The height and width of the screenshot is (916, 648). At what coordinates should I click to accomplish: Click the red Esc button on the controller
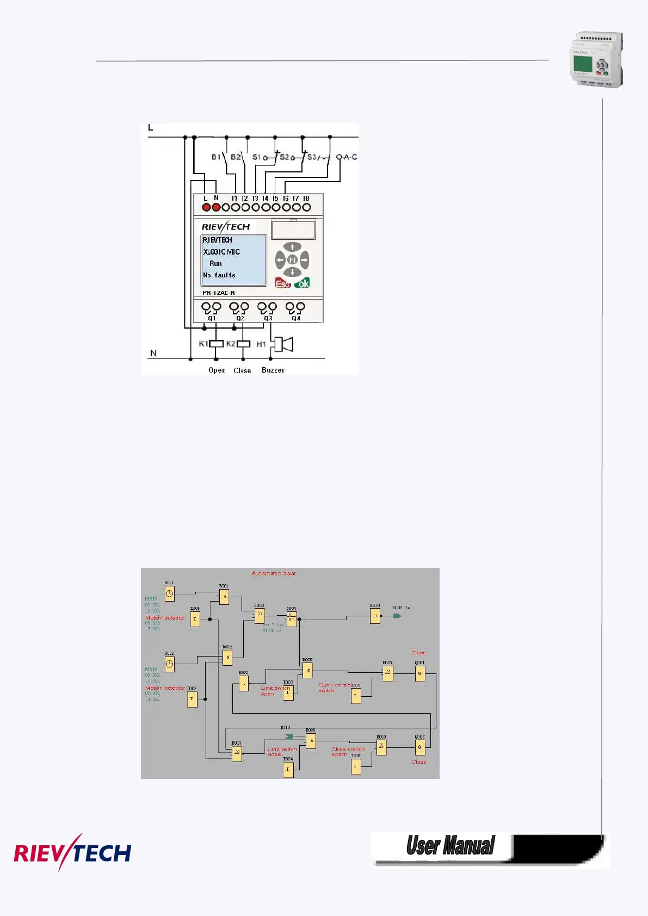click(283, 283)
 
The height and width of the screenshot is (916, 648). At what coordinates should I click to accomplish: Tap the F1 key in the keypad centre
click(292, 260)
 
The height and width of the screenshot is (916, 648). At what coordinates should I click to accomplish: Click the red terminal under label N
click(216, 207)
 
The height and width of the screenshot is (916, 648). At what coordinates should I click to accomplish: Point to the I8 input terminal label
click(306, 199)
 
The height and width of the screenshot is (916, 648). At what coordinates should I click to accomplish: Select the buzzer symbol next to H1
click(284, 344)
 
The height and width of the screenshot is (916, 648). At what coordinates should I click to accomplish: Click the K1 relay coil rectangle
click(217, 344)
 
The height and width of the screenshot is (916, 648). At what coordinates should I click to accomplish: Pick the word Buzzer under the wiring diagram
click(273, 370)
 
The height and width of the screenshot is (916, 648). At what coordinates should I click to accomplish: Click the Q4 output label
click(296, 318)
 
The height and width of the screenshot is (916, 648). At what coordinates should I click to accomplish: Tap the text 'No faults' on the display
click(219, 275)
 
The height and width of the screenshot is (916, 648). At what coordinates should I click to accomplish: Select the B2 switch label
click(235, 157)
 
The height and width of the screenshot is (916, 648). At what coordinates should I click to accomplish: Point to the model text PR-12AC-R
click(219, 293)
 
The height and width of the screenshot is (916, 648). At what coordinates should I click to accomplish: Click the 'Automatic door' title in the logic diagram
click(274, 573)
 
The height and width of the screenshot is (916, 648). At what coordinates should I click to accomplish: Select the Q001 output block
click(419, 673)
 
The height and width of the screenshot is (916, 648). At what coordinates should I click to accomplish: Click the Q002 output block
click(419, 747)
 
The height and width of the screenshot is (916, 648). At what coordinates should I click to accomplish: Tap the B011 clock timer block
click(170, 593)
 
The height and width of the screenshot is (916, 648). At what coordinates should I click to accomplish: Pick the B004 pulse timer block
click(292, 619)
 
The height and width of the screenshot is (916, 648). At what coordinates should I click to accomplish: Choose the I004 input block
click(288, 769)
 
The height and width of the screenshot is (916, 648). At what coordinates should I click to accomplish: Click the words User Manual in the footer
click(450, 846)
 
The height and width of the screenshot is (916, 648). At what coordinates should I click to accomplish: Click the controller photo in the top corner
click(596, 60)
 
